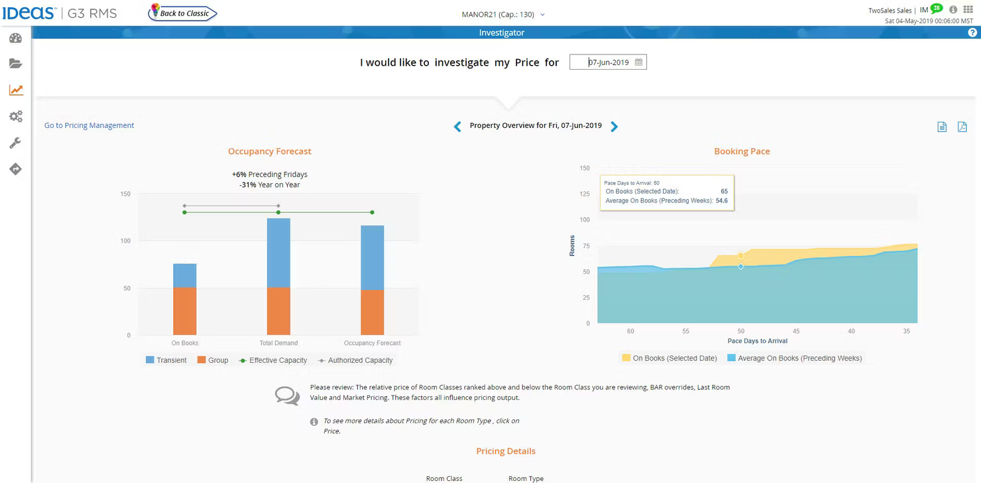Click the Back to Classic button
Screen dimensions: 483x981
183,13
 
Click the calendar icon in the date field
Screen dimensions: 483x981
638,62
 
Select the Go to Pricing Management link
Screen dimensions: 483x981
89,125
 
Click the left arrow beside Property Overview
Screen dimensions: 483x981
457,127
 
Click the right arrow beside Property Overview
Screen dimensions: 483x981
614,127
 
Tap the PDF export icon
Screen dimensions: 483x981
962,127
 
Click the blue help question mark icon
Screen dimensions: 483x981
972,33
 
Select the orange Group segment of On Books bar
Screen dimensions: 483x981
185,311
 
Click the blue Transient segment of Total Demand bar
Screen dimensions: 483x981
278,252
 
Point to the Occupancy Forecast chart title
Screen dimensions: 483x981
269,151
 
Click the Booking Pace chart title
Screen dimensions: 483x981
742,151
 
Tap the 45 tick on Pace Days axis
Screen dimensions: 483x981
796,331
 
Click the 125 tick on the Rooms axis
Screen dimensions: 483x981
584,194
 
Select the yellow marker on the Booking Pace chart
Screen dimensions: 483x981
740,256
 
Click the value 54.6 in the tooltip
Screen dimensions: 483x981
722,200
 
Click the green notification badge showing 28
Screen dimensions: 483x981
936,8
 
